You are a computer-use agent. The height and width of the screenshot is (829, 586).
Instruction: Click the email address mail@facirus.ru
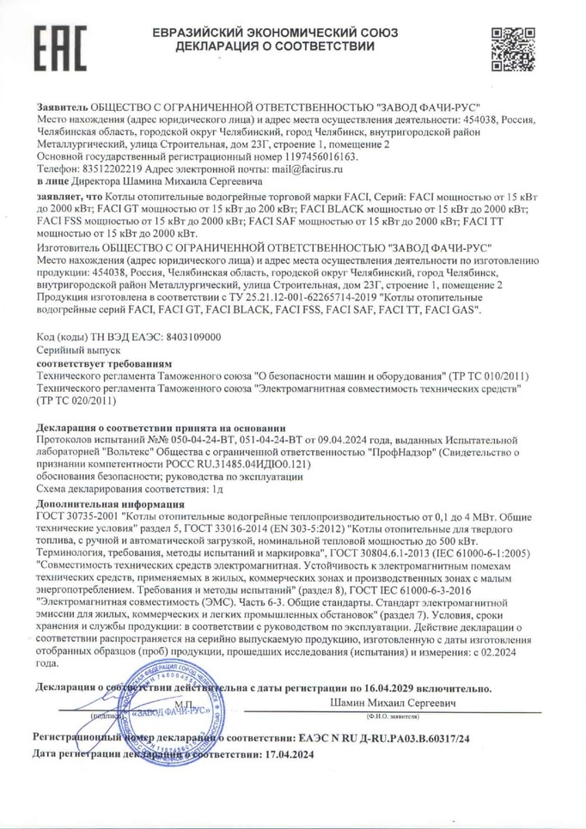point(295,171)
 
